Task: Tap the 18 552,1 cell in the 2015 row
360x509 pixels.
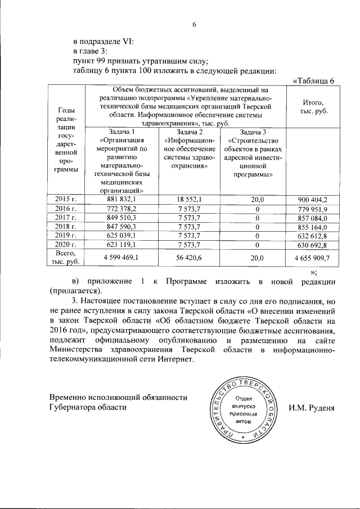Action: tap(187, 199)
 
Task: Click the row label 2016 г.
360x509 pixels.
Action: tap(66, 208)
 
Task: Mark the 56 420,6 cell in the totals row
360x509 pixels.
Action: tap(187, 258)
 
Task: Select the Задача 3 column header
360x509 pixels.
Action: tap(251, 132)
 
